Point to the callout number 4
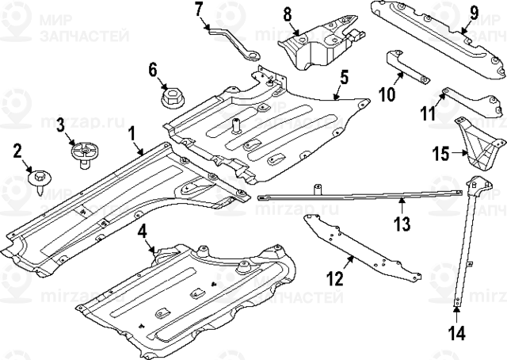pyautogui.click(x=142, y=233)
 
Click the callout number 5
pyautogui.click(x=344, y=78)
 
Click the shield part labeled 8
pyautogui.click(x=317, y=47)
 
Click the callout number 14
pyautogui.click(x=457, y=333)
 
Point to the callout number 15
pyautogui.click(x=440, y=152)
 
